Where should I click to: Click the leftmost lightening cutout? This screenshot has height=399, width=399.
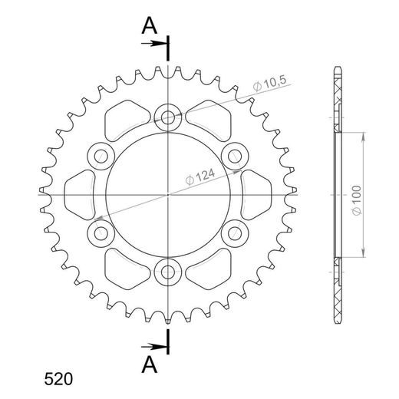point(79,193)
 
